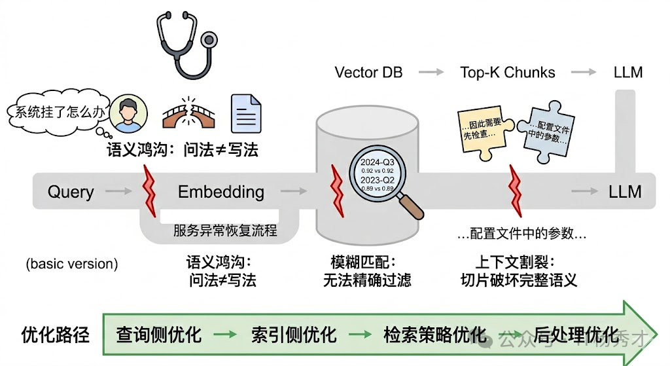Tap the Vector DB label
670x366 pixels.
pos(365,72)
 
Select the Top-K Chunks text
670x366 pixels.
pos(507,72)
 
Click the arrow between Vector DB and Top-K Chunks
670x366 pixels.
pos(431,72)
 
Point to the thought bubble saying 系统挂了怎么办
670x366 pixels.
pos(56,111)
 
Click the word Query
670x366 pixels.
pos(71,192)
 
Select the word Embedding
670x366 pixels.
pos(221,192)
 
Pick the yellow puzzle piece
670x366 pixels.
pos(483,132)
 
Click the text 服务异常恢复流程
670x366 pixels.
pos(225,230)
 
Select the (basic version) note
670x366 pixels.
pos(72,265)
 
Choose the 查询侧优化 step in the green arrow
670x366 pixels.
pos(158,335)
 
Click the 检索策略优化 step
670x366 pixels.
pos(435,335)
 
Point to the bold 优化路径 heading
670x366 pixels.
pos(50,335)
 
